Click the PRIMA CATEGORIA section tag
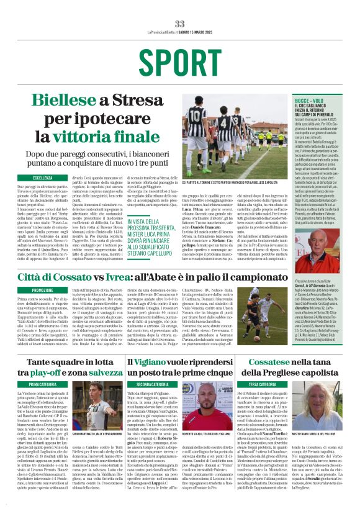pyautogui.click(x=43, y=385)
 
